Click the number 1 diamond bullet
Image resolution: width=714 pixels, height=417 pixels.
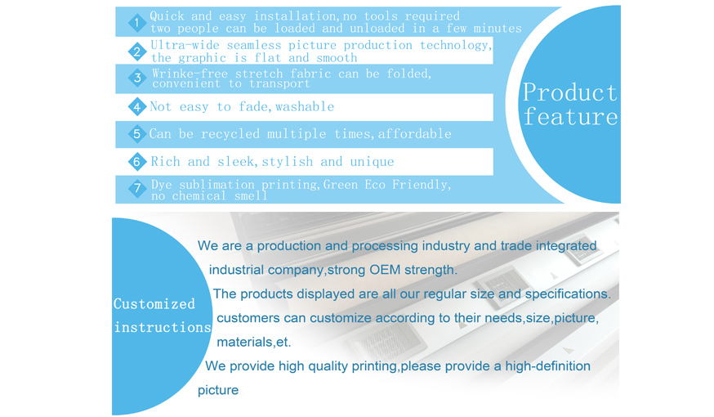(136, 22)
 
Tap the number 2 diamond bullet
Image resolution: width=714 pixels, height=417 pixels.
(136, 52)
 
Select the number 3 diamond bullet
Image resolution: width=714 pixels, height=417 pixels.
(136, 78)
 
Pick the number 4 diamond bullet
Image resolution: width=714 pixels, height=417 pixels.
(136, 106)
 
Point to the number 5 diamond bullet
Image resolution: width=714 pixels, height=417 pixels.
(136, 134)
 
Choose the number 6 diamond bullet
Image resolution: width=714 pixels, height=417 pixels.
(136, 162)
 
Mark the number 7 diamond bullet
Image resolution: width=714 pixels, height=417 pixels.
(136, 188)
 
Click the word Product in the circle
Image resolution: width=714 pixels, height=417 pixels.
(569, 92)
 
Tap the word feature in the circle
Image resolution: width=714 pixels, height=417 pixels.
(570, 116)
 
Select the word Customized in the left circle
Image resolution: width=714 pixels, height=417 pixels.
(154, 304)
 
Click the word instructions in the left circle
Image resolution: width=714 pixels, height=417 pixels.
(163, 327)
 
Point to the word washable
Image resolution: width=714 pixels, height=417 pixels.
(305, 106)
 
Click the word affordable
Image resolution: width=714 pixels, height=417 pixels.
(414, 133)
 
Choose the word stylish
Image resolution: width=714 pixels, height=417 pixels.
(288, 162)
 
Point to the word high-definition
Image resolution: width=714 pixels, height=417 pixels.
(548, 366)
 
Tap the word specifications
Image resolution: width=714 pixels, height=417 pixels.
(568, 294)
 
